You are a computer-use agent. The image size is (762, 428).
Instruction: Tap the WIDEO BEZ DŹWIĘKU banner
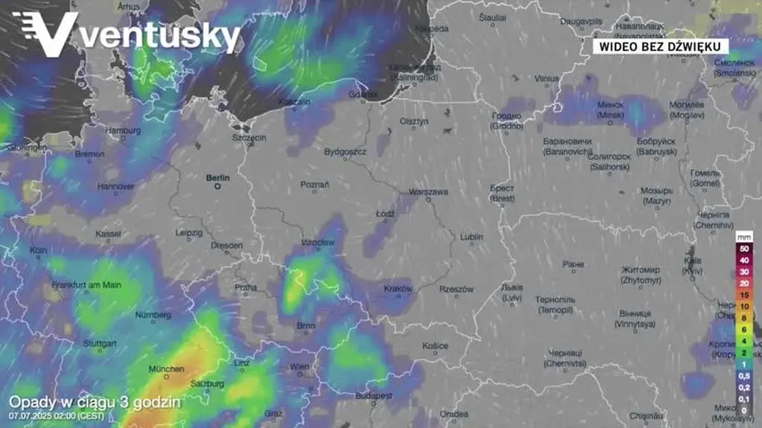point(660,46)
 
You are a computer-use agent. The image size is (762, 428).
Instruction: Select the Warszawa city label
point(429,192)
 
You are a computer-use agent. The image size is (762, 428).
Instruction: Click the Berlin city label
point(218,178)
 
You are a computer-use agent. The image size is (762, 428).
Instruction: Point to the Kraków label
point(398,289)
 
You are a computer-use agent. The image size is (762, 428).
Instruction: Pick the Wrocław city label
point(318,243)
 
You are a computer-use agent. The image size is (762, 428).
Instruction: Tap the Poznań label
point(314,184)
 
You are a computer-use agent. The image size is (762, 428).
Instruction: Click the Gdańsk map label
point(364,95)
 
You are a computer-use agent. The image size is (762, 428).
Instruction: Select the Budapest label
point(373,396)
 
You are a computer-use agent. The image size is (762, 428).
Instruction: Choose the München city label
point(166,369)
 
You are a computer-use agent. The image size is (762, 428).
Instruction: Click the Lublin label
point(471,237)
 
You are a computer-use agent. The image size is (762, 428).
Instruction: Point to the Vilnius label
point(546,78)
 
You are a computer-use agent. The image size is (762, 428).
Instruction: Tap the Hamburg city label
point(123,131)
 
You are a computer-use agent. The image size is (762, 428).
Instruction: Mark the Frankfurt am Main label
point(86,285)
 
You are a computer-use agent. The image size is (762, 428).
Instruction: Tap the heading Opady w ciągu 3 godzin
point(95,402)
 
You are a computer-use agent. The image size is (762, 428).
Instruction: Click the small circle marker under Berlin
point(218,187)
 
